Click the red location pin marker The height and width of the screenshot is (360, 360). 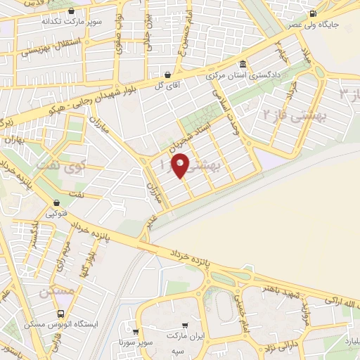(180, 165)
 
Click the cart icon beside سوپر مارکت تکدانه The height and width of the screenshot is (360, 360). (72, 11)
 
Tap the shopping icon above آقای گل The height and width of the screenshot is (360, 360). (168, 74)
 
